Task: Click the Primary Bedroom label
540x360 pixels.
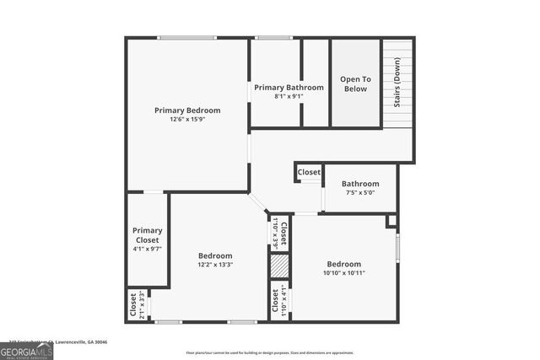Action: pos(187,110)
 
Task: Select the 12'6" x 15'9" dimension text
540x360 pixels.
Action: pos(187,120)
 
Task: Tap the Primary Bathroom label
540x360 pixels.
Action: pos(289,87)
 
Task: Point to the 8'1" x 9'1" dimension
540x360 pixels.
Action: pos(289,96)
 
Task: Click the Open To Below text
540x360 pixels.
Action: pos(355,83)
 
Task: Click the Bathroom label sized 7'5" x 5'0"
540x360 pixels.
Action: pos(360,183)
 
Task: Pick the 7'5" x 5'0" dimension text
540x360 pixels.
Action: pos(360,192)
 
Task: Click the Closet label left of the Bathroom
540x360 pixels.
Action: pos(309,172)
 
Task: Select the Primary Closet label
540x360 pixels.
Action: pos(147,234)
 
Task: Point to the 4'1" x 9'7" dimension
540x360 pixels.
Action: pos(147,249)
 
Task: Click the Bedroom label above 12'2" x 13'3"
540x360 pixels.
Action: pos(215,255)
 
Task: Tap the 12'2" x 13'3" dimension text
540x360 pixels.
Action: pos(215,265)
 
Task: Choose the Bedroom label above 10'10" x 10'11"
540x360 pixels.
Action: pos(343,264)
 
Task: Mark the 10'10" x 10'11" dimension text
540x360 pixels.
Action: pos(343,273)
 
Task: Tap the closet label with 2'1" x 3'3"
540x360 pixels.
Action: pos(133,304)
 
